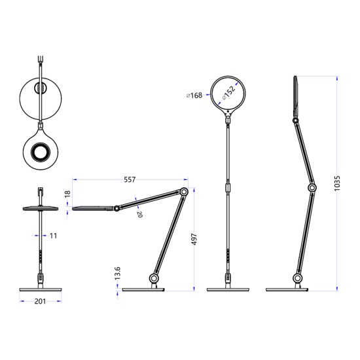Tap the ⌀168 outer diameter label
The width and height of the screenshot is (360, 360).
[x=196, y=96]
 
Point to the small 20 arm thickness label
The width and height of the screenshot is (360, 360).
[x=139, y=214]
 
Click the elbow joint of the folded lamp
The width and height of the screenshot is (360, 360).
[x=185, y=192]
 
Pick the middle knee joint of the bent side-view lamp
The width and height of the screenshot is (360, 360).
[x=312, y=189]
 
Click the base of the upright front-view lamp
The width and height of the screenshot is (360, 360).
[x=228, y=289]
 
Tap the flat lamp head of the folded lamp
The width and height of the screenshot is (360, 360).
[x=93, y=208]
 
